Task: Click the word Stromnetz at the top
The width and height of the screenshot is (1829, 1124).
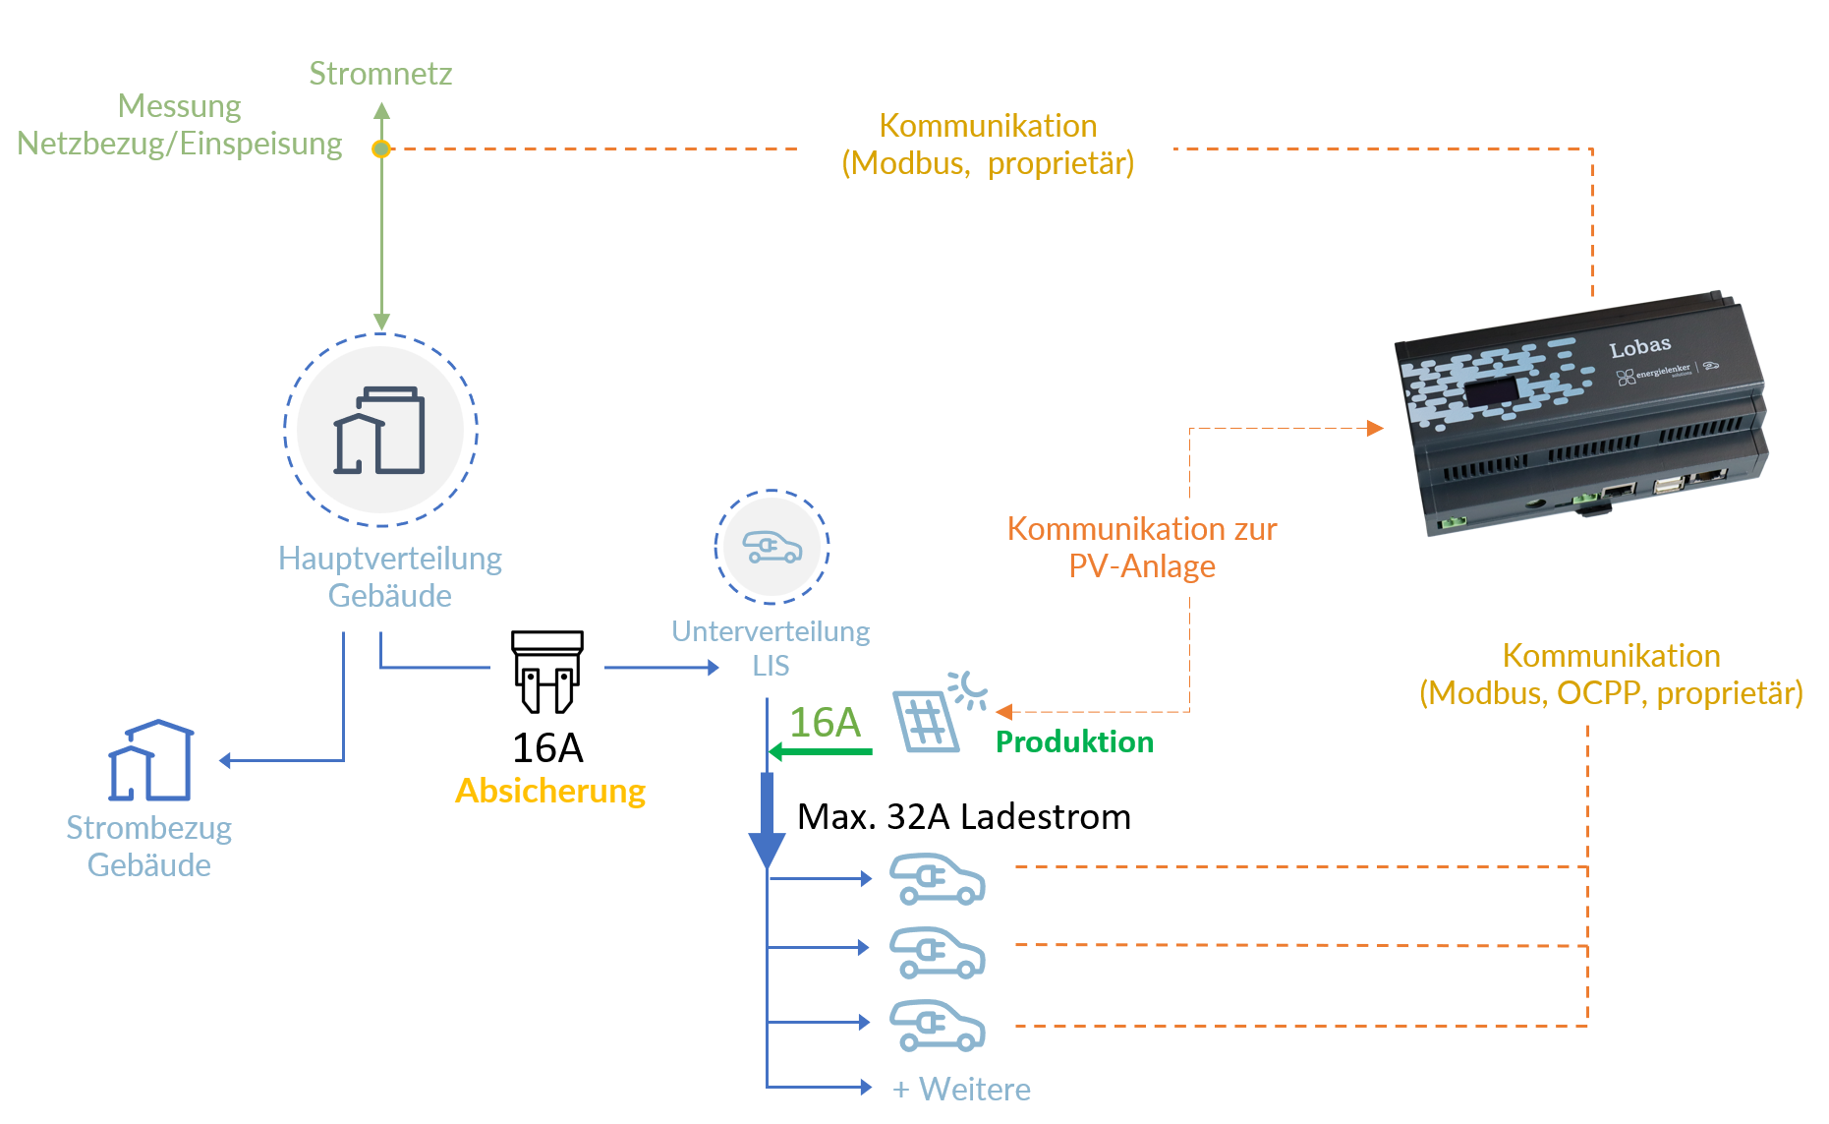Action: pyautogui.click(x=380, y=74)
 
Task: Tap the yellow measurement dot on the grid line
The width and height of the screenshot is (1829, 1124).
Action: pyautogui.click(x=381, y=148)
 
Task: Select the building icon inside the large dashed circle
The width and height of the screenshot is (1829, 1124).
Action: pyautogui.click(x=379, y=431)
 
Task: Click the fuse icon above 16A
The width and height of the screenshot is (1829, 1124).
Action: pyautogui.click(x=547, y=672)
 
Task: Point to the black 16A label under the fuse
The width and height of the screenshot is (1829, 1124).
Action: pyautogui.click(x=547, y=748)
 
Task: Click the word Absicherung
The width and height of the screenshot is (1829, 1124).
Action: pyautogui.click(x=550, y=791)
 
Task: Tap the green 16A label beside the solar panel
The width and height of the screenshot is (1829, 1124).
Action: pyautogui.click(x=826, y=723)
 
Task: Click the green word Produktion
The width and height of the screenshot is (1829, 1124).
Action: pyautogui.click(x=1074, y=741)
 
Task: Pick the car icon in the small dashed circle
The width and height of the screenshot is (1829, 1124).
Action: pyautogui.click(x=772, y=547)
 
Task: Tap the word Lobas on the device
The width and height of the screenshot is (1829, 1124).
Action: pyautogui.click(x=1639, y=347)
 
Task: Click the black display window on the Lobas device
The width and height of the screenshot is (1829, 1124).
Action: pyautogui.click(x=1493, y=392)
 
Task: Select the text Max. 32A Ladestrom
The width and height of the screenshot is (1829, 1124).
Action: pyautogui.click(x=964, y=817)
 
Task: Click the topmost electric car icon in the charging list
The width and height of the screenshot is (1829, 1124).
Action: pyautogui.click(x=937, y=878)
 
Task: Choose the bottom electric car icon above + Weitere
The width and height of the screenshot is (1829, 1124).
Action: pyautogui.click(x=937, y=1026)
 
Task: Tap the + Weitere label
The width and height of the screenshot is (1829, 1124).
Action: pyautogui.click(x=961, y=1090)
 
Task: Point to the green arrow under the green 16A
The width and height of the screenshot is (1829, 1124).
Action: pyautogui.click(x=821, y=752)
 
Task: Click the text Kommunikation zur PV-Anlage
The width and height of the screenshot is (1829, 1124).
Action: pyautogui.click(x=1142, y=548)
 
